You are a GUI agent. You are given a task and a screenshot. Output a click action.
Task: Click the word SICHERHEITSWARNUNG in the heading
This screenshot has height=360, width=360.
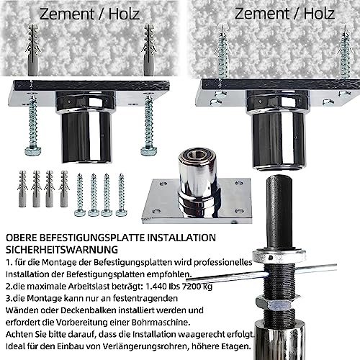click(x=62, y=250)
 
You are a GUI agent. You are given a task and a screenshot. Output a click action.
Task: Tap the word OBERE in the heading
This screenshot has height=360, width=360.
click(x=21, y=238)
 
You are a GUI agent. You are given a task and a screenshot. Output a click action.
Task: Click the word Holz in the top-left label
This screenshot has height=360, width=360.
click(x=124, y=14)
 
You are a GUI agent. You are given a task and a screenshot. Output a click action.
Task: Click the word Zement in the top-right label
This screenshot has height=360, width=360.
click(x=262, y=14)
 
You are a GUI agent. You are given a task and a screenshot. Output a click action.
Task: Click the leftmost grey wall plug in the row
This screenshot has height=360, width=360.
click(x=22, y=189)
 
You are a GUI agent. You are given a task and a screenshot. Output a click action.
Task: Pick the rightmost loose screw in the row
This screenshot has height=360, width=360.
click(x=122, y=194)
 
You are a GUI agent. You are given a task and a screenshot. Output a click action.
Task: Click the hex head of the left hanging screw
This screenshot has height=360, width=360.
click(x=33, y=151)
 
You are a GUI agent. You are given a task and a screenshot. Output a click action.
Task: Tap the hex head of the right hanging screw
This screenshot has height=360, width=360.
click(x=149, y=151)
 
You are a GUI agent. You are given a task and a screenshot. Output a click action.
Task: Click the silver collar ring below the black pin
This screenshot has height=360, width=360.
click(x=279, y=256)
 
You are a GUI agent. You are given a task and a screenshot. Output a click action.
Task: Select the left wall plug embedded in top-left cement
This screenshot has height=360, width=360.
click(x=32, y=50)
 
